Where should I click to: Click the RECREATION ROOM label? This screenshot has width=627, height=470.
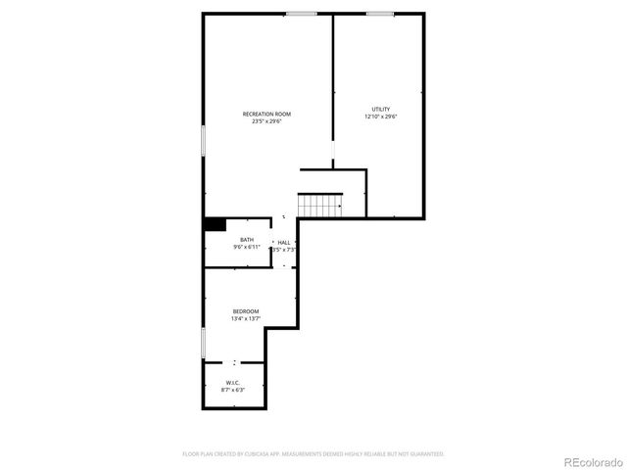click(x=266, y=114)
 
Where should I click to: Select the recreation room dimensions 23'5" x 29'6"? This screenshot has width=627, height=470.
click(x=266, y=122)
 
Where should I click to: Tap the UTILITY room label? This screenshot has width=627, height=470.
click(x=380, y=109)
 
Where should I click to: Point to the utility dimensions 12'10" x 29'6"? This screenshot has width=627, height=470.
click(x=380, y=117)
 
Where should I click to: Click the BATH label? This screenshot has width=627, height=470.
click(x=247, y=240)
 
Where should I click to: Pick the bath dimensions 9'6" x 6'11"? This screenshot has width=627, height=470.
click(x=247, y=248)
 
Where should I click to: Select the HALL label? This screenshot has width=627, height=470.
click(x=284, y=242)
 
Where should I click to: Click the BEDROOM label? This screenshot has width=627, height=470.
click(x=245, y=310)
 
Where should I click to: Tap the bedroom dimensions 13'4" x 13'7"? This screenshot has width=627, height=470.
click(x=245, y=318)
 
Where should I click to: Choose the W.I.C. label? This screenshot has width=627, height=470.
click(x=232, y=382)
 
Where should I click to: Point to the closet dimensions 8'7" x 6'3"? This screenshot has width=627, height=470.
click(x=232, y=390)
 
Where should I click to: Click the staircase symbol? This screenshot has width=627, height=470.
click(x=320, y=205)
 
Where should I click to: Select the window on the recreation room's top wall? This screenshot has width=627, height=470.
click(x=301, y=14)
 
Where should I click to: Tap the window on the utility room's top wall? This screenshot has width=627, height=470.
click(x=380, y=14)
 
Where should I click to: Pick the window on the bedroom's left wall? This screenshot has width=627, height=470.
click(x=203, y=343)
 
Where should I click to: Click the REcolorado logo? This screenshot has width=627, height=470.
click(x=591, y=460)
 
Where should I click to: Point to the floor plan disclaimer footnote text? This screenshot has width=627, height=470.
click(x=313, y=454)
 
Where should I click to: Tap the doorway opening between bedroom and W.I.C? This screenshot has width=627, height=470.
click(x=235, y=362)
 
